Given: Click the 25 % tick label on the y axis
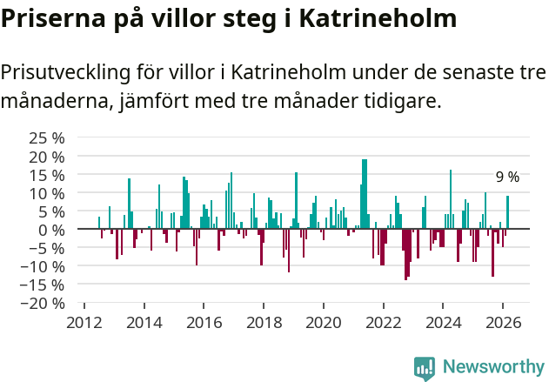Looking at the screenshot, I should [x=47, y=138].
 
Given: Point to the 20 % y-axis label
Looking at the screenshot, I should [x=47, y=157].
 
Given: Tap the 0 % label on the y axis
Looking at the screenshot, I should [x=51, y=230].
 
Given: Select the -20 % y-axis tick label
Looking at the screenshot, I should [x=44, y=304].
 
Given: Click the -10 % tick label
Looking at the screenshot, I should [x=44, y=266].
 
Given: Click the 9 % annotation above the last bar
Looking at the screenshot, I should [x=507, y=178].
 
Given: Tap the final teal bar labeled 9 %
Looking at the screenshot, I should [x=508, y=212].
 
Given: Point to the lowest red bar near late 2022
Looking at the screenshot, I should [x=405, y=254].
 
